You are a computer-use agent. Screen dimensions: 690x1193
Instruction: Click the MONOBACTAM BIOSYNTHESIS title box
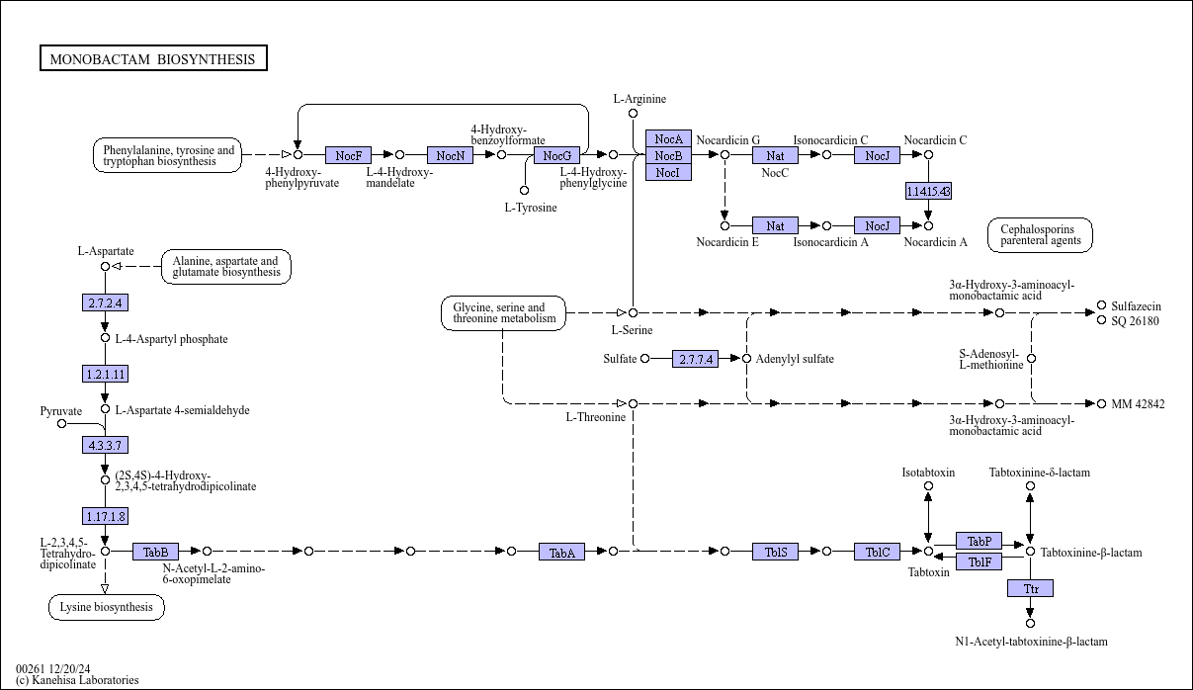click(153, 59)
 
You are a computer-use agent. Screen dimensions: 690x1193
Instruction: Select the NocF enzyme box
click(348, 155)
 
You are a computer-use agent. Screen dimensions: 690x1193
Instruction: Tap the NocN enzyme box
click(450, 155)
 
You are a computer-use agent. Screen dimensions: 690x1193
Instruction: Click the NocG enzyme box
click(556, 155)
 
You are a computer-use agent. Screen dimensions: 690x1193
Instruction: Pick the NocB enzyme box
click(668, 155)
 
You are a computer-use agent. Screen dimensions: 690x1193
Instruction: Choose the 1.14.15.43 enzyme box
click(928, 191)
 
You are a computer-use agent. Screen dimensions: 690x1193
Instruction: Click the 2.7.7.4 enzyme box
click(696, 359)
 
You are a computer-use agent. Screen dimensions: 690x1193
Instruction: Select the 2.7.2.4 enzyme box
click(105, 302)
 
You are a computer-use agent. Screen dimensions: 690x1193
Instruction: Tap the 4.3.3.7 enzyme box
click(105, 445)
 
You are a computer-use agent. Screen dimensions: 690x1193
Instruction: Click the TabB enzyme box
click(156, 552)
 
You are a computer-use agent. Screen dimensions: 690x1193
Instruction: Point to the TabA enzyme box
click(561, 552)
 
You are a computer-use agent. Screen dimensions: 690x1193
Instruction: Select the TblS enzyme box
click(775, 552)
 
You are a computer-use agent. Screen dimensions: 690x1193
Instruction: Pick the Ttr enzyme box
click(1030, 588)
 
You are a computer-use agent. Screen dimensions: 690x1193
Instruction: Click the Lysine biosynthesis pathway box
click(107, 606)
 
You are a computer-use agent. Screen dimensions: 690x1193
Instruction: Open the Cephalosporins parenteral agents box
click(1040, 234)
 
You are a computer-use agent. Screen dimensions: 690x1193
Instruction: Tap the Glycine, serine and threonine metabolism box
click(504, 313)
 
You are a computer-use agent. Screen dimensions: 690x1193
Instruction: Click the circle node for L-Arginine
click(633, 114)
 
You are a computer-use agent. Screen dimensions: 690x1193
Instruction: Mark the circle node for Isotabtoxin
click(928, 485)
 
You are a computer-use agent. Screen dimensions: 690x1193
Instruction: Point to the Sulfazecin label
click(1136, 306)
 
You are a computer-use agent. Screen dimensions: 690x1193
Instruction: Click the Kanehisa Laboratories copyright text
click(77, 680)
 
